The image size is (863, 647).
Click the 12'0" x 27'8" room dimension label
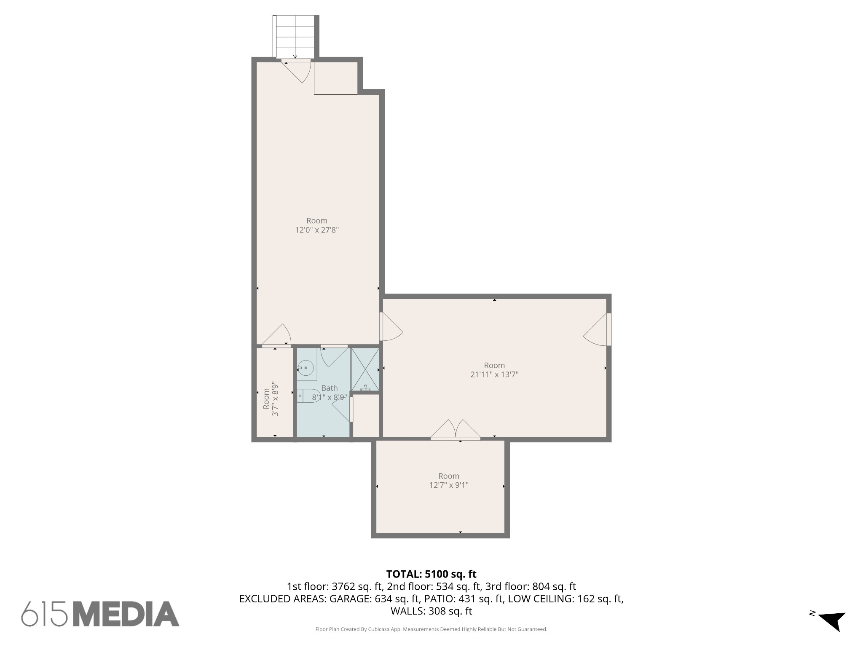[317, 230]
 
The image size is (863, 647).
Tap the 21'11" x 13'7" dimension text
[494, 374]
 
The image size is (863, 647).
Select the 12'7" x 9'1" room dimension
[449, 485]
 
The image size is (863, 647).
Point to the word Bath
[329, 388]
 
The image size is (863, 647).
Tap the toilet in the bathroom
[306, 396]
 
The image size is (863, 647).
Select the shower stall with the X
[365, 369]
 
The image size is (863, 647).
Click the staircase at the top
[295, 37]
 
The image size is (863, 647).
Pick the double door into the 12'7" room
[456, 430]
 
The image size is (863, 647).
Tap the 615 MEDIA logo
[100, 614]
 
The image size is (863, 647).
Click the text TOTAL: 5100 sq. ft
[431, 574]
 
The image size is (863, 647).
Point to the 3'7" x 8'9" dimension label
[276, 399]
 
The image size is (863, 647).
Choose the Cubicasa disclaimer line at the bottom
[431, 629]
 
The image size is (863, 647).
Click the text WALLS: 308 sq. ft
[431, 611]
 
